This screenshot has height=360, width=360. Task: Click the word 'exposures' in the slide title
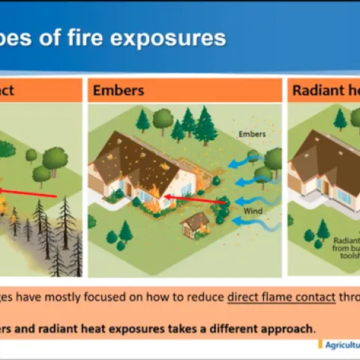tap(168, 37)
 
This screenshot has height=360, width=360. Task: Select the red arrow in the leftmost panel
tap(30, 193)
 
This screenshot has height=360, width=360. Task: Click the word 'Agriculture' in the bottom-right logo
tap(342, 343)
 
